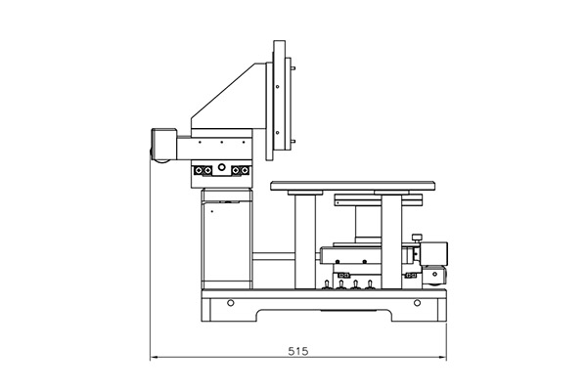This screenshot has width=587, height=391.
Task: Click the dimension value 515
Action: [x=298, y=351]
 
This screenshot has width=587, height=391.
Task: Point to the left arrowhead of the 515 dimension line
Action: [x=154, y=358]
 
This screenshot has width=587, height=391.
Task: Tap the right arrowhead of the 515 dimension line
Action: [x=443, y=358]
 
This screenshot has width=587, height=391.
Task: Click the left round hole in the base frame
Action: [x=231, y=302]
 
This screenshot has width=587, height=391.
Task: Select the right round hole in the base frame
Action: [x=417, y=302]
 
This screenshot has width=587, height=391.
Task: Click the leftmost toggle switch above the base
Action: [x=327, y=284]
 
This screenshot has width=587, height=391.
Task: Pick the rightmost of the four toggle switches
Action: [x=370, y=284]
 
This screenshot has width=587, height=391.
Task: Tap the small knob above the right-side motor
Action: [x=417, y=238]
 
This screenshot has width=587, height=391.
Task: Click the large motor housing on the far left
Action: [x=163, y=144]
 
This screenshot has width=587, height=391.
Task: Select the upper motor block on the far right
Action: [x=433, y=254]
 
